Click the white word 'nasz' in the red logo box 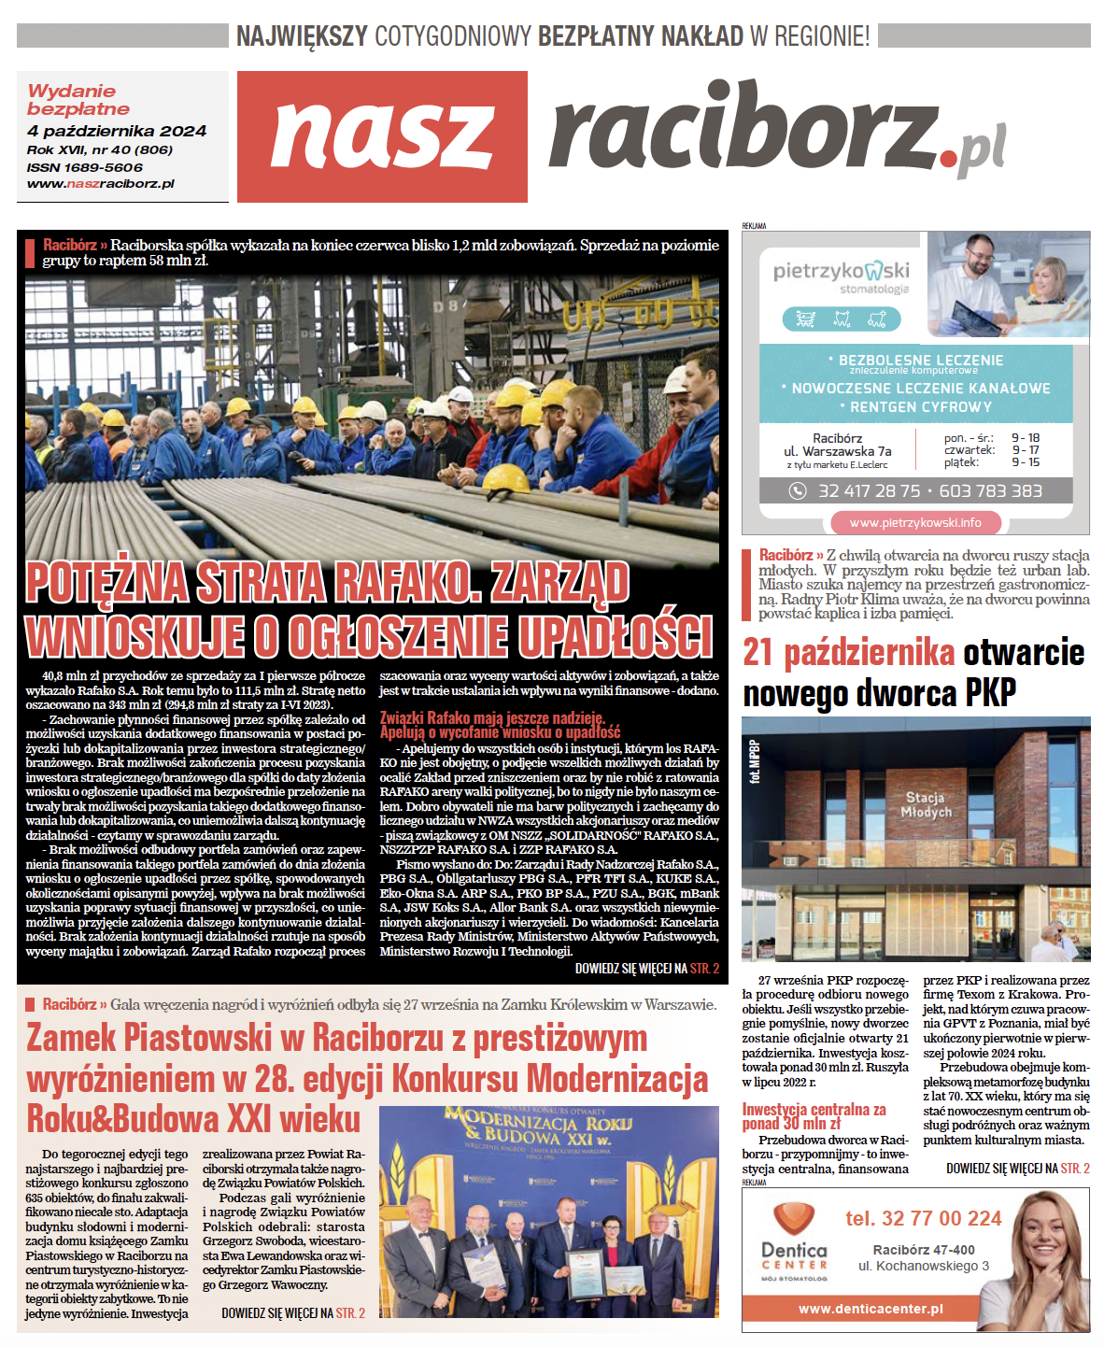[x=382, y=136]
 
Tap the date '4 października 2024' [x=117, y=132]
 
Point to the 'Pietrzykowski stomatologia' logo [x=841, y=276]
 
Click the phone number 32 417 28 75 [x=870, y=490]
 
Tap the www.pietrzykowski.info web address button [x=915, y=522]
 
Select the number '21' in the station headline [x=759, y=653]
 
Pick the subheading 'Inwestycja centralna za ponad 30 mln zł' [x=814, y=1116]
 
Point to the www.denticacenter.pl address [x=870, y=1309]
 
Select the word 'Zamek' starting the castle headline [x=71, y=1038]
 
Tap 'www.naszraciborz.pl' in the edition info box [x=101, y=184]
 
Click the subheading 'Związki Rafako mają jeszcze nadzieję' [x=491, y=718]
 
